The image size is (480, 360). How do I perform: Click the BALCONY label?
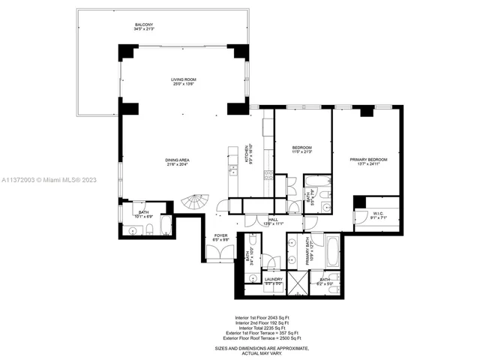click(143, 25)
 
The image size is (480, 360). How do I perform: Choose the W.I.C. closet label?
click(378, 214)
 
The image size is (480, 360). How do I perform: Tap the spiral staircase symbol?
click(198, 203)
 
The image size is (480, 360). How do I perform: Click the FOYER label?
click(220, 235)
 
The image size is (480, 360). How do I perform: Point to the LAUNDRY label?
click(272, 280)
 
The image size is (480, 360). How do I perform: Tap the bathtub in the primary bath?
click(332, 251)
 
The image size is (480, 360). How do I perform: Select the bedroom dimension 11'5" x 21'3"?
click(301, 151)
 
